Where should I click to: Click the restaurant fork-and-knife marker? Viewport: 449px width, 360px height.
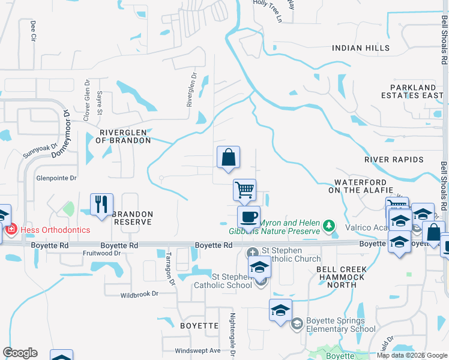tap(101, 204)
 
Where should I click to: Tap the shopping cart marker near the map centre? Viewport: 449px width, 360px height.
tap(244, 190)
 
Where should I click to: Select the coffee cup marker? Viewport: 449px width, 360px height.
tap(249, 217)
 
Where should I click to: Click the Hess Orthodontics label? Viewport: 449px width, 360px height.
tap(55, 230)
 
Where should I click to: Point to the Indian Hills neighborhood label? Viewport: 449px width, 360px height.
tap(361, 48)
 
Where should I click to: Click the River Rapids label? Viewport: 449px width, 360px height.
tap(394, 160)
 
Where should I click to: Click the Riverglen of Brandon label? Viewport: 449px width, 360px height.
tap(125, 136)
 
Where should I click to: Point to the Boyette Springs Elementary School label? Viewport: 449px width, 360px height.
tap(340, 325)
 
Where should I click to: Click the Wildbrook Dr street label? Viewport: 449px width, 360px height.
tap(139, 295)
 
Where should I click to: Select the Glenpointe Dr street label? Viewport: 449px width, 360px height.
tap(56, 178)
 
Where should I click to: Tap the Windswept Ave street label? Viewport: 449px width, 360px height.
tap(197, 351)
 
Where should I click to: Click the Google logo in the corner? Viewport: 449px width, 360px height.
tap(20, 353)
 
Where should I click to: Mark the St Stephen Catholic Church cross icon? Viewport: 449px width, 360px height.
tap(253, 251)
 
